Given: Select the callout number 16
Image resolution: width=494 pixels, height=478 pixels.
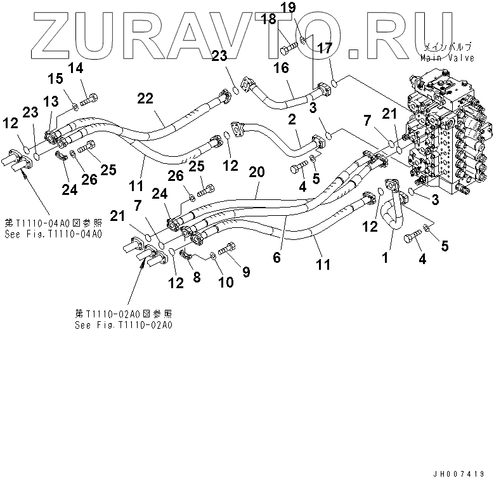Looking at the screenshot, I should click(281, 68).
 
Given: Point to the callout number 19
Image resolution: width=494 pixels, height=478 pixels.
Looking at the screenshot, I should click(306, 8).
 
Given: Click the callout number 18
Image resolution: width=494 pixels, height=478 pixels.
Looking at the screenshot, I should click(268, 20).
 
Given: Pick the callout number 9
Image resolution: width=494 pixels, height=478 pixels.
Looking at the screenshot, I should click(245, 272).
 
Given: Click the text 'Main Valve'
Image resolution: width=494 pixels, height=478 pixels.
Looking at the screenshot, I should click(447, 57).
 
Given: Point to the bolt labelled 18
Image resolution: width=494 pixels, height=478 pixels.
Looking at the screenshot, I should click(290, 45).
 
